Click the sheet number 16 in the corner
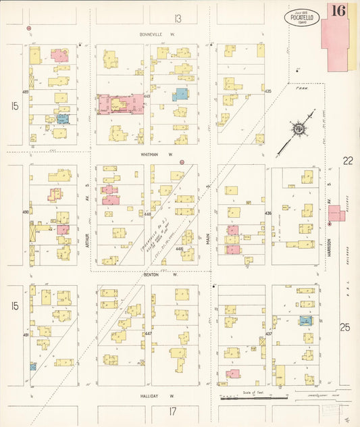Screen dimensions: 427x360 click(338, 10)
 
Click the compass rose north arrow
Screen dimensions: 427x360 click(298, 129)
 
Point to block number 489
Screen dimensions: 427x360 click(26, 92)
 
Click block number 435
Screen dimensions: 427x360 click(268, 91)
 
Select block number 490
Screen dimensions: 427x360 click(26, 211)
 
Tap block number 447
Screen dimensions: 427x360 click(147, 334)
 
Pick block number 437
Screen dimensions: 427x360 click(268, 334)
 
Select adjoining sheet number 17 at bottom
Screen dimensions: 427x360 click(172, 411)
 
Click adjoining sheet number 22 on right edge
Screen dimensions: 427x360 click(348, 160)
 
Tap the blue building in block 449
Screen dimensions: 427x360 click(180, 95)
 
